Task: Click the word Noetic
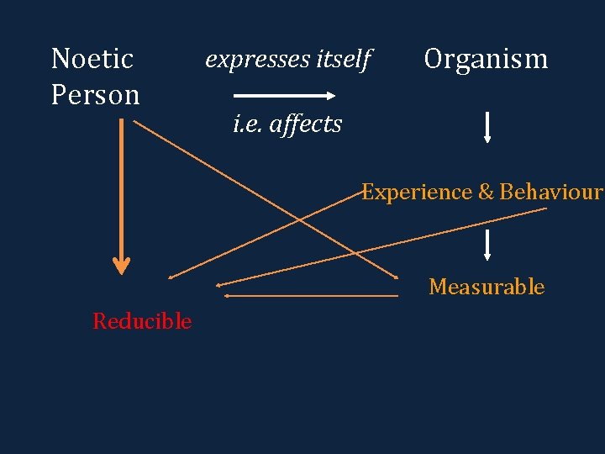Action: coord(92,59)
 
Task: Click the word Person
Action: coord(95,94)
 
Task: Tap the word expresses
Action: coord(255,59)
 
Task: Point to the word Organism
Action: coord(486,59)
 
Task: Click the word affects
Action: coord(308,124)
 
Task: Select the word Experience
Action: coord(417,192)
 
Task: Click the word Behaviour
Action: coord(551,192)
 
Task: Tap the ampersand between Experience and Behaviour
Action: coord(486,192)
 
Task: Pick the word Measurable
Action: coord(487,287)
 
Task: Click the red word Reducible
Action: coord(142,321)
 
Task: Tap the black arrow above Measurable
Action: coord(487,245)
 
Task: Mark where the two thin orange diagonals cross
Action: coord(301,220)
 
